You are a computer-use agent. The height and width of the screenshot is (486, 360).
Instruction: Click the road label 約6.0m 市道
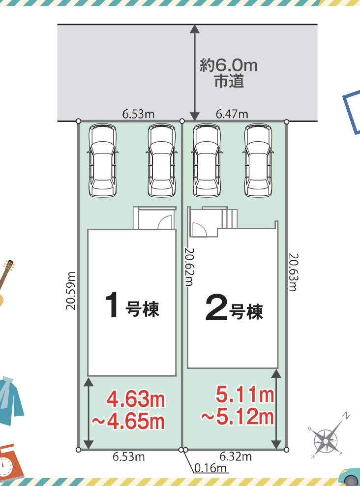pyautogui.click(x=229, y=73)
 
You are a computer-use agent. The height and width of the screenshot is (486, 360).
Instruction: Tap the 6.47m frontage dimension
pyautogui.click(x=232, y=115)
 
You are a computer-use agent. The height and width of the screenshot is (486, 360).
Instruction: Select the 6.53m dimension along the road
pyautogui.click(x=138, y=114)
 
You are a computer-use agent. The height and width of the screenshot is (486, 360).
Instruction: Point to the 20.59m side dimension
pyautogui.click(x=71, y=291)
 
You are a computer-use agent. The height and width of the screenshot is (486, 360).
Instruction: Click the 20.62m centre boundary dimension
pyautogui.click(x=189, y=267)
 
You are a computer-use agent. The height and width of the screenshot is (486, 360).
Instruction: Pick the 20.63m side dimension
pyautogui.click(x=293, y=273)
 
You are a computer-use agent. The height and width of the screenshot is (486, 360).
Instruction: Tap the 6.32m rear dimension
pyautogui.click(x=236, y=456)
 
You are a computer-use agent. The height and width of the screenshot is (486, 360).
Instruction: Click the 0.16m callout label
pyautogui.click(x=210, y=467)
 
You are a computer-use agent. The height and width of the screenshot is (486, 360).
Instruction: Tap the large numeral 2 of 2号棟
pyautogui.click(x=216, y=307)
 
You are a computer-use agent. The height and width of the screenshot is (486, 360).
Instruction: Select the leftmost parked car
pyautogui.click(x=103, y=160)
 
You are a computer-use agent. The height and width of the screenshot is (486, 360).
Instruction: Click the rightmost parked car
pyautogui.click(x=258, y=160)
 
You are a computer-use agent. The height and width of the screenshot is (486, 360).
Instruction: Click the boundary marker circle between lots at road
pyautogui.click(x=182, y=121)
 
